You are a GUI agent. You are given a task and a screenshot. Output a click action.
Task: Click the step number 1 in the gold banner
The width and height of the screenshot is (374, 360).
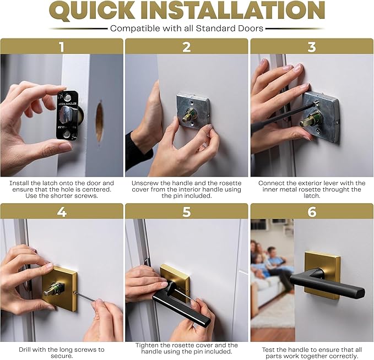61,47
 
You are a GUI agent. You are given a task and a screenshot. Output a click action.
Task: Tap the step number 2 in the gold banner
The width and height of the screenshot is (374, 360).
187,47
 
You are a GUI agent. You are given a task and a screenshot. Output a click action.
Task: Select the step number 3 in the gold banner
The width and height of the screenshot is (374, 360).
312,47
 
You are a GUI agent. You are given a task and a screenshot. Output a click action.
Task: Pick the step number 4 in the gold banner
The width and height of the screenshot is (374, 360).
61,211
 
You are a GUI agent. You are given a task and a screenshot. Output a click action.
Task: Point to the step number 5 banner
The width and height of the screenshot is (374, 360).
187,211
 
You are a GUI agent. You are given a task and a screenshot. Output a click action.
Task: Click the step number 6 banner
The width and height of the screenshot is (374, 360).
312,211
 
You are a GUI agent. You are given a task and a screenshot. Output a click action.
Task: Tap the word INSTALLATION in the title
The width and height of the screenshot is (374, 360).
240,11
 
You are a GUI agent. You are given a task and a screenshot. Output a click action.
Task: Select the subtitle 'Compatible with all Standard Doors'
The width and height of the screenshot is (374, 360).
186,28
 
